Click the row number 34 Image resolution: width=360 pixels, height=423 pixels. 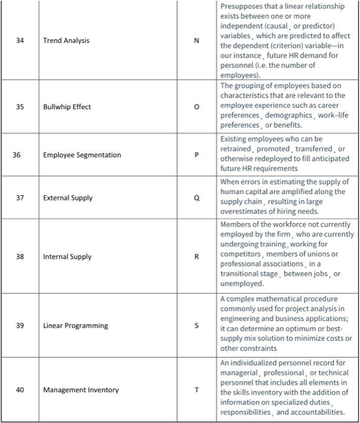(20, 40)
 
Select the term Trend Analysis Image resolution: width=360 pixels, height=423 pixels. (66, 40)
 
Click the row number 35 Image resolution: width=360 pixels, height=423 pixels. (20, 107)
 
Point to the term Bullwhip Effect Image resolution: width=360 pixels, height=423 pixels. (66, 107)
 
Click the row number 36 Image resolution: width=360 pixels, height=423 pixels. (17, 155)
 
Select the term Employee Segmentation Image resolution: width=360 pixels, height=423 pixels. (82, 155)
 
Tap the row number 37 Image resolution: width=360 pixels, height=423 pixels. (20, 198)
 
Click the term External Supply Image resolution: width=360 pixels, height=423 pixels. (68, 198)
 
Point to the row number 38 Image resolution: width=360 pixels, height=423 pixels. (20, 257)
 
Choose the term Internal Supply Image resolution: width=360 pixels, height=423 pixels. (67, 257)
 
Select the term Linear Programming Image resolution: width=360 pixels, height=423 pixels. (76, 326)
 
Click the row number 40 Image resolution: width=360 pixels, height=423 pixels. (20, 390)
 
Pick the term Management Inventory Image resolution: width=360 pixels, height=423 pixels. (81, 390)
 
